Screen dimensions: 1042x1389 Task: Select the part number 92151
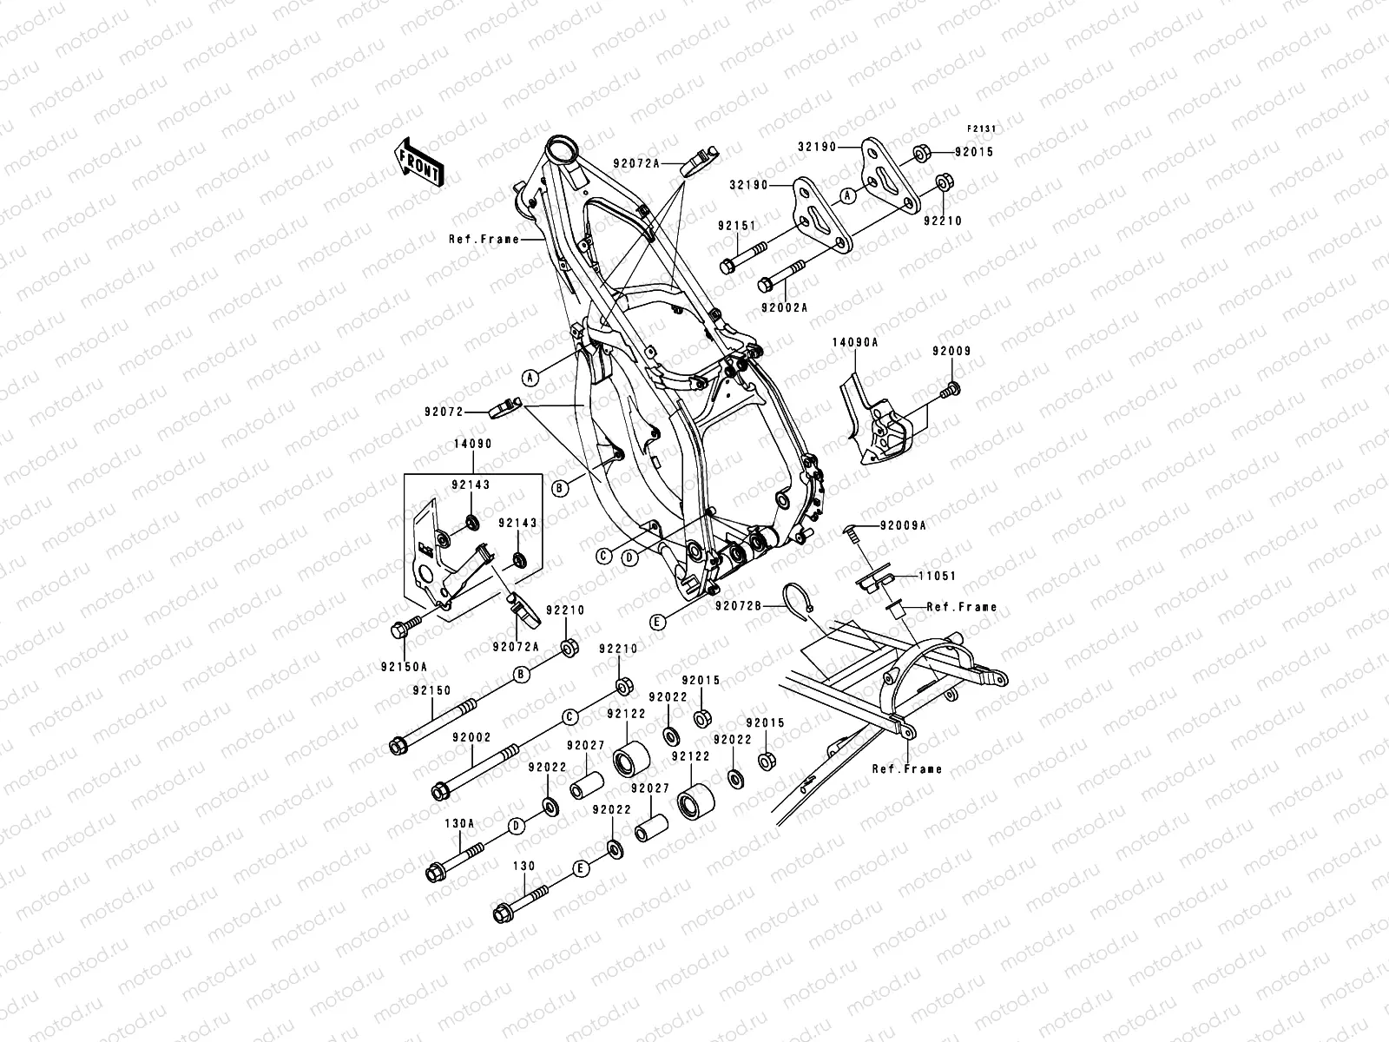[x=735, y=225]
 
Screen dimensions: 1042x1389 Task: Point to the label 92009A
[x=903, y=525]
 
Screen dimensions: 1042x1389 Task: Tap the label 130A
[x=459, y=822]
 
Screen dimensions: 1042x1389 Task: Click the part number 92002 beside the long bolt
[x=471, y=736]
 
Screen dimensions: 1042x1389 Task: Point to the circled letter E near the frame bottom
[x=658, y=621]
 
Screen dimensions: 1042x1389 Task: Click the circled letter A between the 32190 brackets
[x=848, y=196]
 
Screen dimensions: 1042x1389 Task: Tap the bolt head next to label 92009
[x=953, y=388]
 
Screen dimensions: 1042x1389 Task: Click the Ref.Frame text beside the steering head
[x=484, y=239]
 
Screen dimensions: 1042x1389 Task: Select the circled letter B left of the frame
[x=560, y=488]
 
